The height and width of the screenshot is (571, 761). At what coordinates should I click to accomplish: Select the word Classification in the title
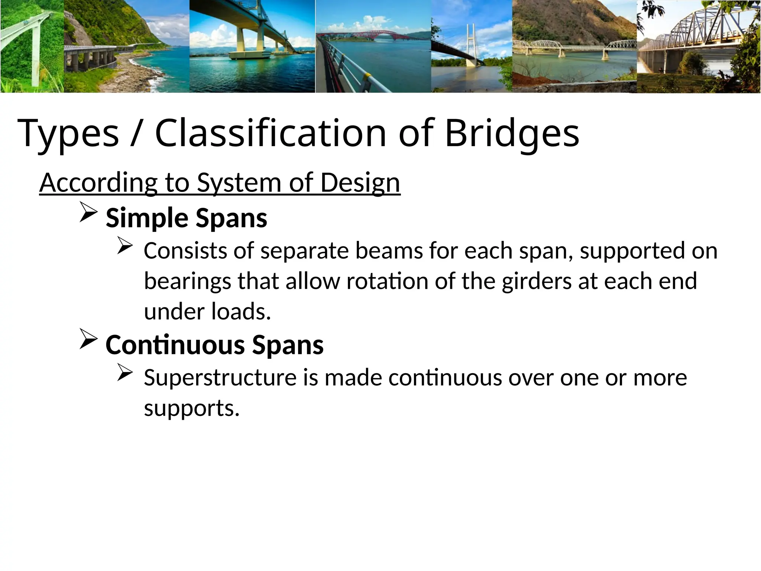(x=271, y=133)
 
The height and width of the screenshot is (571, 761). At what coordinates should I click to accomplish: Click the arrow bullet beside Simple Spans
(x=88, y=214)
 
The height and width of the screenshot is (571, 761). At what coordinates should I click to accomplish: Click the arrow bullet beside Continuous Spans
(x=88, y=341)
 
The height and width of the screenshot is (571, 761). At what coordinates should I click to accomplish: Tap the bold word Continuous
(x=175, y=345)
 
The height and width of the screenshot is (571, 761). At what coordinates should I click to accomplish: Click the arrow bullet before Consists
(x=124, y=246)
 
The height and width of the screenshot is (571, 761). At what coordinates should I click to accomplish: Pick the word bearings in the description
(x=187, y=281)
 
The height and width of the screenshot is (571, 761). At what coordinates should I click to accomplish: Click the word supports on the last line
(x=191, y=409)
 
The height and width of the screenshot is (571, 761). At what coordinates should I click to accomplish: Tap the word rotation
(x=387, y=281)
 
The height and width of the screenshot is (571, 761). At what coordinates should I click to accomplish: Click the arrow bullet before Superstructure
(x=124, y=373)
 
